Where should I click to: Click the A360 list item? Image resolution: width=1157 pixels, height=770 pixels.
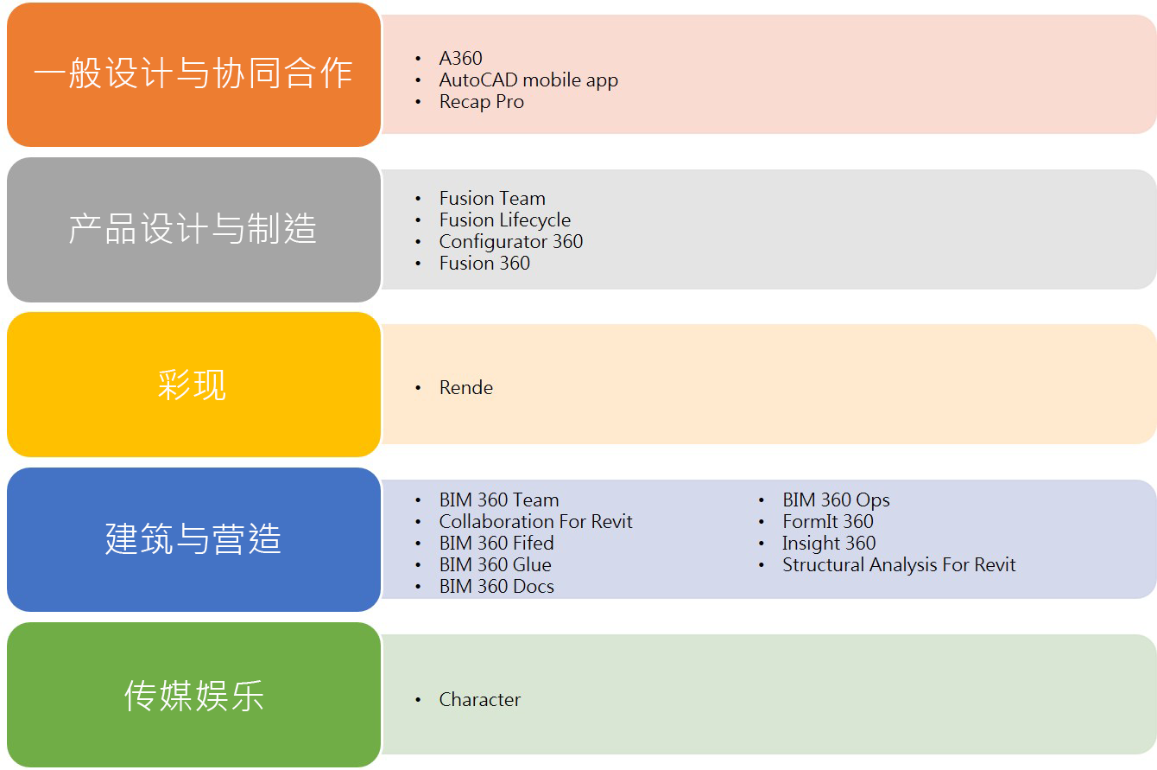tap(461, 58)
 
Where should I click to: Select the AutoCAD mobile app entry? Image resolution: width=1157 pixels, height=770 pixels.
tap(528, 80)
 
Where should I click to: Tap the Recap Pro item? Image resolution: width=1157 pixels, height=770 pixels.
tap(482, 102)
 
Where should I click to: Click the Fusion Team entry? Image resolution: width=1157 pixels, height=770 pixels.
tap(492, 198)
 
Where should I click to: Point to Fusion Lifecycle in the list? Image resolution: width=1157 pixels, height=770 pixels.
tap(504, 220)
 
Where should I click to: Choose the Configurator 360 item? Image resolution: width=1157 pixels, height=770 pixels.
tap(511, 242)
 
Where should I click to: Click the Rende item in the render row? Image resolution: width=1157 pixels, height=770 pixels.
tap(466, 387)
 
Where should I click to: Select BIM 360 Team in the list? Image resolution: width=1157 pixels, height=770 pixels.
tap(499, 500)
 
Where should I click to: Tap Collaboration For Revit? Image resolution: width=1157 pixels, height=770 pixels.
tap(535, 521)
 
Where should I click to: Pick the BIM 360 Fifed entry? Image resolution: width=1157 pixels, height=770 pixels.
tap(496, 543)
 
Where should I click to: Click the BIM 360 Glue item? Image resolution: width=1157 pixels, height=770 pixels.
tap(496, 564)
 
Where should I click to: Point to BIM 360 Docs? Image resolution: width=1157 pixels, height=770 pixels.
tap(496, 587)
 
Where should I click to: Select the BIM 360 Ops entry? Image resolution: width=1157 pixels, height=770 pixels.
tap(836, 500)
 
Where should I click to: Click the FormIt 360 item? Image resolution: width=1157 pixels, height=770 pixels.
tap(827, 521)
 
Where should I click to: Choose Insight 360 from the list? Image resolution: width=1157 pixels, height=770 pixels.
tap(829, 544)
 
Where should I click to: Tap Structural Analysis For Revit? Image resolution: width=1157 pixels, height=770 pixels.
tap(899, 565)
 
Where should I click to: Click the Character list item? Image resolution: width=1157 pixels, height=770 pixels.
tap(480, 700)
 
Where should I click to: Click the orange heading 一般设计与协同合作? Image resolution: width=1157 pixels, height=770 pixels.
tap(193, 73)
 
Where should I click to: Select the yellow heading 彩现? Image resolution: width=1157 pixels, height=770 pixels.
tap(193, 385)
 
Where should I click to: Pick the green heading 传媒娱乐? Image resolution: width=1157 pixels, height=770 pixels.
tap(194, 695)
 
